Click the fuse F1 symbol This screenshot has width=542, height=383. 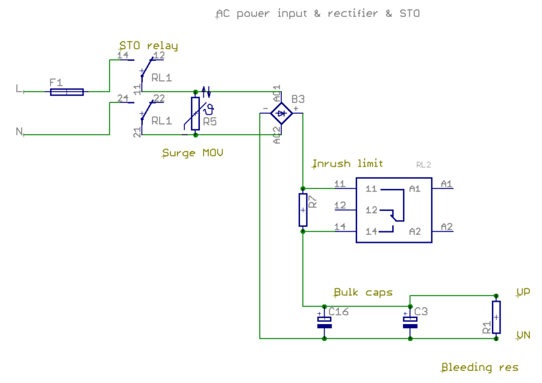click(x=66, y=92)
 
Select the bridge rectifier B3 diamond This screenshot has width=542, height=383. click(x=281, y=113)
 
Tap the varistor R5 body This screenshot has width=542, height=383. click(x=195, y=114)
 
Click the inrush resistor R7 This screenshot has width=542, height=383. click(x=303, y=210)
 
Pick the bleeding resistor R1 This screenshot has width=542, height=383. click(x=496, y=317)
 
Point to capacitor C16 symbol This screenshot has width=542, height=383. click(x=325, y=322)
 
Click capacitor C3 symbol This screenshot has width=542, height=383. click(x=410, y=322)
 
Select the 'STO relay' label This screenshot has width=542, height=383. click(x=148, y=46)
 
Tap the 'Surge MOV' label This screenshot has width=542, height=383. click(x=192, y=153)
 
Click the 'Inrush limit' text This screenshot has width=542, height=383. click(x=348, y=163)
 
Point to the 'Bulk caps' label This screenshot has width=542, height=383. click(x=363, y=292)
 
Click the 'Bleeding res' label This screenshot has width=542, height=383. click(x=480, y=367)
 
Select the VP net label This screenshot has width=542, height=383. click(x=523, y=292)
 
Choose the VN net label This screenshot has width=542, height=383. click(x=523, y=335)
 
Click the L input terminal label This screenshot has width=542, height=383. click(x=19, y=89)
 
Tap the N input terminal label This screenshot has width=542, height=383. click(x=19, y=131)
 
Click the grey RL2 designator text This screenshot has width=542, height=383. click(x=423, y=164)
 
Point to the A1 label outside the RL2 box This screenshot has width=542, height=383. click(x=446, y=184)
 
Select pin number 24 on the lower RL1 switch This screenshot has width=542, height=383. click(x=123, y=98)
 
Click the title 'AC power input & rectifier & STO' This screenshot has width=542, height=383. click(x=318, y=14)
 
